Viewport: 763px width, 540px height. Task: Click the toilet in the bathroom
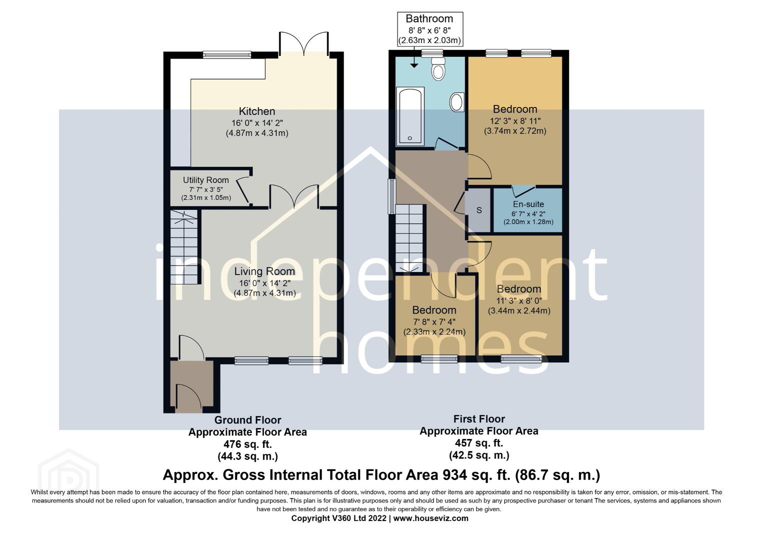[438, 69]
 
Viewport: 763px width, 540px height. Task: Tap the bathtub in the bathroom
[410, 116]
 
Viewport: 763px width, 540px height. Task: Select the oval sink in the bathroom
[457, 101]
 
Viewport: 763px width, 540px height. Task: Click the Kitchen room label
[257, 111]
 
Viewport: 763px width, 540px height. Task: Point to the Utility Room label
[205, 180]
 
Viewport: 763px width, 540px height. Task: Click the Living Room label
[264, 271]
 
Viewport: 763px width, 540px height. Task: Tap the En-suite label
[528, 204]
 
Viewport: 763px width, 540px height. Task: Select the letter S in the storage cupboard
[479, 210]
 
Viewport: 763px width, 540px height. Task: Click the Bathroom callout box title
[429, 18]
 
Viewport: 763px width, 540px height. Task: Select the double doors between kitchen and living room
[294, 196]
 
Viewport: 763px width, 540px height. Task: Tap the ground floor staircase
[184, 247]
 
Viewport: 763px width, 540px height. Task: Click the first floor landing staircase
[409, 238]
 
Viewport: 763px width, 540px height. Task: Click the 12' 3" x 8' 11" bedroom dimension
[515, 121]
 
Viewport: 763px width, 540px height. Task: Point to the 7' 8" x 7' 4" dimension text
[434, 322]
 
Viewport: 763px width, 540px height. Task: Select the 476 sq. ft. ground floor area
[247, 444]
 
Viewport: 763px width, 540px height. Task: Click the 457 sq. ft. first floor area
[479, 443]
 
